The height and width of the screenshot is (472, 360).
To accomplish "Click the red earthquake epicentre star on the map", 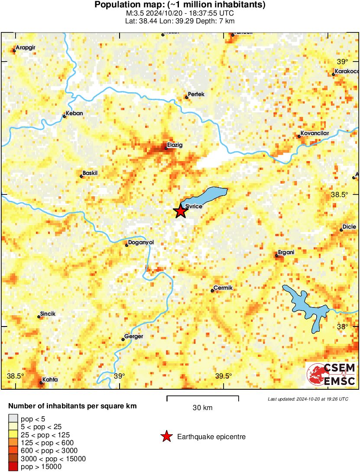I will click(x=180, y=211).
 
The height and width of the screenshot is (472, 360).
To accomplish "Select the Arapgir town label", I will click(x=25, y=48).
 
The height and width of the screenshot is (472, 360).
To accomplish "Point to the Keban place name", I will click(x=74, y=113).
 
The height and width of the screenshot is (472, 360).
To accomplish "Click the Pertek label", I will click(x=196, y=94).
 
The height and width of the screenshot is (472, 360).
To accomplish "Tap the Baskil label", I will click(x=90, y=173).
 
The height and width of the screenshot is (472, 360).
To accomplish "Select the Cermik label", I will click(x=223, y=288).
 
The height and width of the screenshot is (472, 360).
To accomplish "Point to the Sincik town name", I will click(x=48, y=314).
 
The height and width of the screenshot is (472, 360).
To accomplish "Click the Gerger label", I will click(x=133, y=336).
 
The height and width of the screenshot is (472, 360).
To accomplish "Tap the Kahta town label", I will click(x=50, y=379).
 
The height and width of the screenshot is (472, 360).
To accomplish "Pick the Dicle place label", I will click(x=349, y=226).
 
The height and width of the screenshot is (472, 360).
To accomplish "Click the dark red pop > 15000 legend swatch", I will click(x=13, y=467).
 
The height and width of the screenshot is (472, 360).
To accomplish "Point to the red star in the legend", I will click(x=166, y=437).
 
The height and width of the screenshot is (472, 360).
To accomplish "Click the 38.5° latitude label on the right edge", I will click(x=339, y=195).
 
